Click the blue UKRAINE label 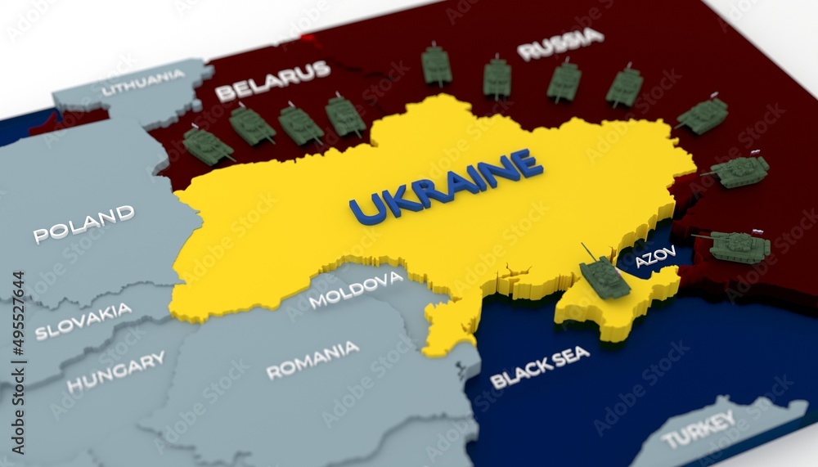pyautogui.click(x=446, y=186)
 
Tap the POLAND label pyautogui.click(x=83, y=223)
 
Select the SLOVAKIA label pyautogui.click(x=83, y=321)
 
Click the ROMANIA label pyautogui.click(x=312, y=359)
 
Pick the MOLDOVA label pyautogui.click(x=355, y=289)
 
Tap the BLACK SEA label pyautogui.click(x=539, y=366)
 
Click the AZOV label pyautogui.click(x=656, y=257)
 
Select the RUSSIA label pyautogui.click(x=560, y=44)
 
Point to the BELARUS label pyautogui.click(x=272, y=80)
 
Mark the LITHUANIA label pyautogui.click(x=143, y=83)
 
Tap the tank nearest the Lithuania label pyautogui.click(x=207, y=146)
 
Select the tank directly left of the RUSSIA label pyautogui.click(x=497, y=78)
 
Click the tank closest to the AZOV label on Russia pyautogui.click(x=739, y=245)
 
